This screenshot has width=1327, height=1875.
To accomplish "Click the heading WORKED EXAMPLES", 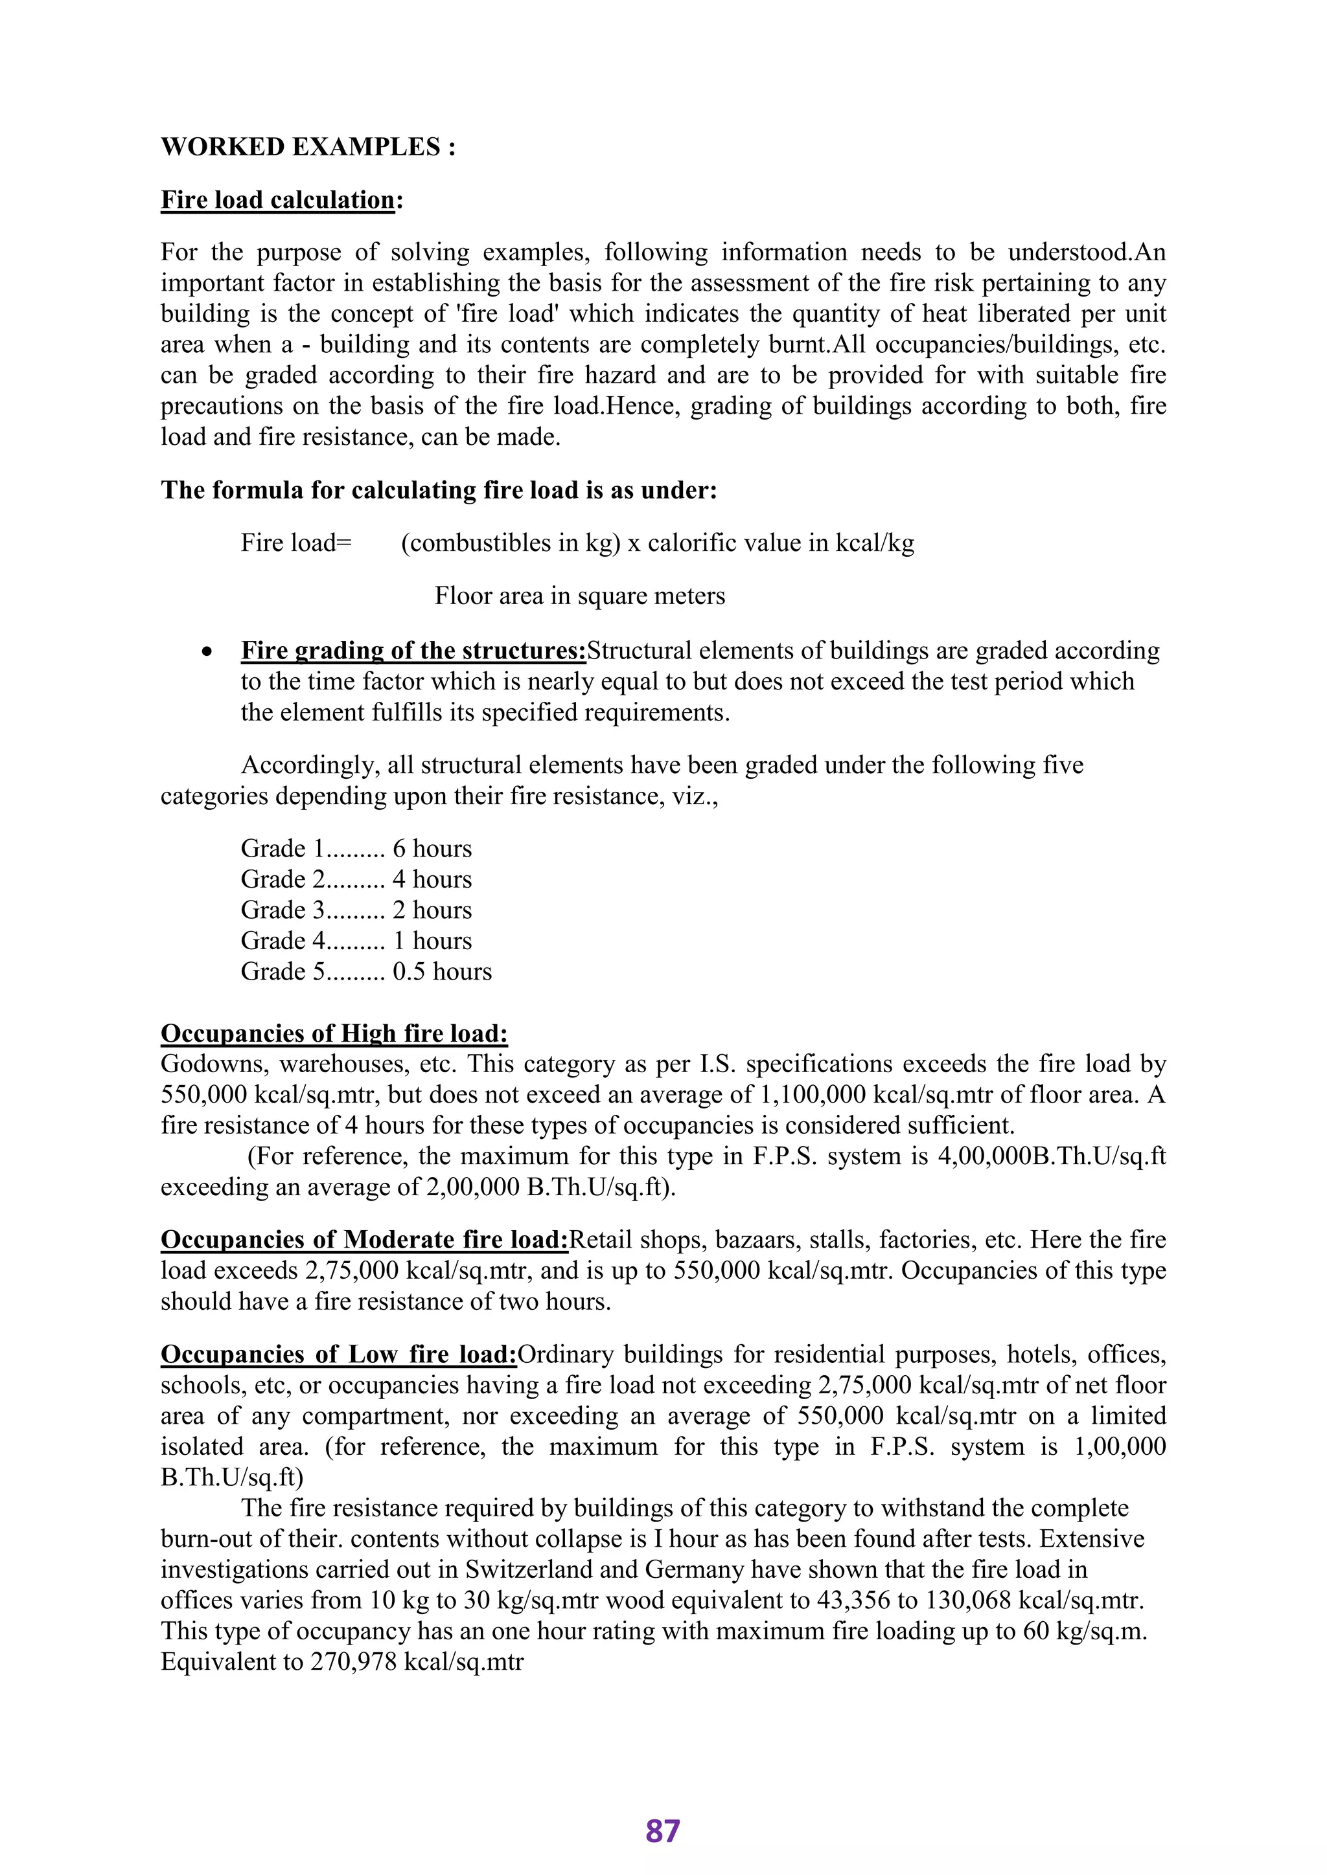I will click(x=307, y=147).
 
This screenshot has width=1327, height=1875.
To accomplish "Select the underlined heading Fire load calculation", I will click(x=278, y=200).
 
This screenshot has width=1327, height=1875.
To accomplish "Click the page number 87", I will click(x=663, y=1831).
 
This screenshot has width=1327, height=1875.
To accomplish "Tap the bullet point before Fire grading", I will click(x=209, y=652).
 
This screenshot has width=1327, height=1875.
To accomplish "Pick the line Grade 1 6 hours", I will click(x=356, y=849).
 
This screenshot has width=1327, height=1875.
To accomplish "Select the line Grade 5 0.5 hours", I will click(x=366, y=972).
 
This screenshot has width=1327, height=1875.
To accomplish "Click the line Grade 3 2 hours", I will click(x=356, y=910).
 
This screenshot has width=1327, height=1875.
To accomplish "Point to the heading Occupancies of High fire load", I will click(x=334, y=1034).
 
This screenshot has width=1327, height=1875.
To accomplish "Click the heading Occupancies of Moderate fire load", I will click(x=363, y=1240).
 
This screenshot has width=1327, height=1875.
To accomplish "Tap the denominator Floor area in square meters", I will click(x=579, y=596).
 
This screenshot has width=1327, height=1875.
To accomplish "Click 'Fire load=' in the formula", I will click(x=296, y=543).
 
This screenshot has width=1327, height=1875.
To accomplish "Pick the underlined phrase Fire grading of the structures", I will click(x=413, y=652).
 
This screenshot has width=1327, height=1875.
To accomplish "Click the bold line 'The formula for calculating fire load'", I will click(x=438, y=490).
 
